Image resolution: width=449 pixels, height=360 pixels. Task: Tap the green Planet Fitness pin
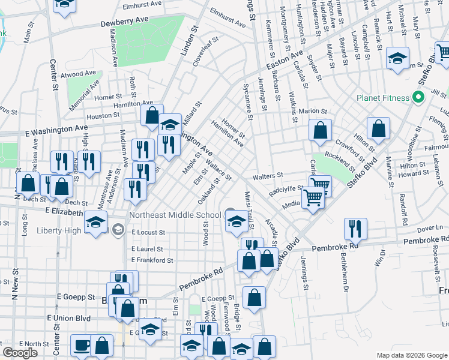coord(419,97)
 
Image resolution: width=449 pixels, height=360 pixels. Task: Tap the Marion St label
coord(313,111)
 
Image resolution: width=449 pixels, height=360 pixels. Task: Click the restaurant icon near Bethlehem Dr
coord(356,229)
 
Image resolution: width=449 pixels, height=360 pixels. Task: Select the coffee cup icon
coord(82,346)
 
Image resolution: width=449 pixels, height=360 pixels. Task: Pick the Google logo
coord(19,353)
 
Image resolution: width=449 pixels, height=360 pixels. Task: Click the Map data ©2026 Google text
coord(411,355)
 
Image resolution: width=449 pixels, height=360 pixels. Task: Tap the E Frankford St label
coord(152,260)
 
